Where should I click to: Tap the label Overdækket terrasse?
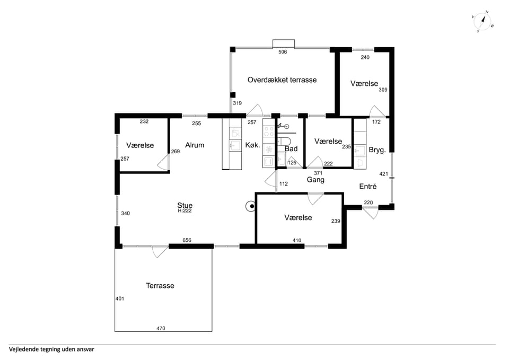click(x=282, y=80)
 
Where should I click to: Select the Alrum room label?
click(x=195, y=145)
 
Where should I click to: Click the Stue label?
click(x=185, y=205)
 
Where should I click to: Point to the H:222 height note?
click(x=185, y=210)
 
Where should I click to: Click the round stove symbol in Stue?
click(x=251, y=206)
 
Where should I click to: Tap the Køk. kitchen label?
click(x=252, y=145)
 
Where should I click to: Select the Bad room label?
click(x=291, y=148)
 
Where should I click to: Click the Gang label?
click(x=315, y=180)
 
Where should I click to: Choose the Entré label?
click(x=368, y=186)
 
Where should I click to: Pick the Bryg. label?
click(x=377, y=150)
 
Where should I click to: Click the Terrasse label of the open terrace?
click(x=160, y=286)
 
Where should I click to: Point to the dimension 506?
click(x=283, y=52)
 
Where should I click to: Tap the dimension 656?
click(x=187, y=240)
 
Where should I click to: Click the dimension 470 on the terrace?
click(x=161, y=328)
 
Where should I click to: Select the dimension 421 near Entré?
click(x=384, y=174)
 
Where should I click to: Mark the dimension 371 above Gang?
click(x=318, y=173)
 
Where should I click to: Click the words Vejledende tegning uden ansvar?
click(x=51, y=349)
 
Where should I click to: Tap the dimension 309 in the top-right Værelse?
click(x=383, y=90)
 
